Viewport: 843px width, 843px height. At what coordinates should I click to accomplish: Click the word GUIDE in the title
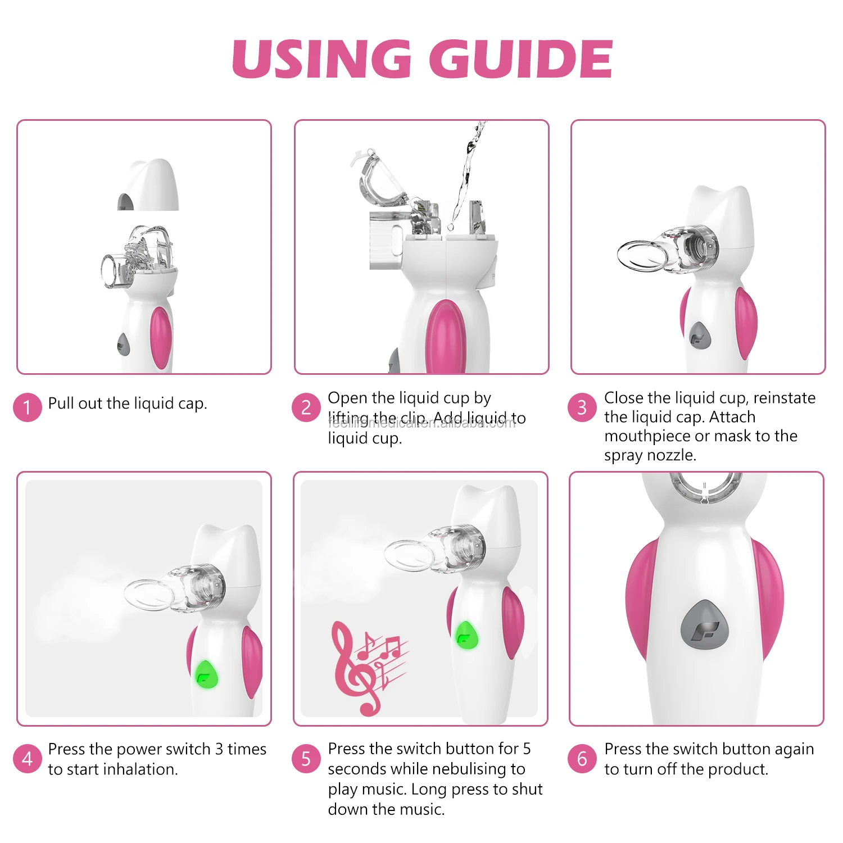(x=520, y=60)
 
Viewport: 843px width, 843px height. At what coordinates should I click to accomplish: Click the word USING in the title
(x=322, y=60)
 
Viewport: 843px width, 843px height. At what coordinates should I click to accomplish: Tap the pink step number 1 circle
(x=27, y=407)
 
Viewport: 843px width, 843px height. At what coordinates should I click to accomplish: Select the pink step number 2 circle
(x=306, y=407)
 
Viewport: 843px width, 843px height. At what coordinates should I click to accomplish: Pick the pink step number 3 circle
(x=582, y=407)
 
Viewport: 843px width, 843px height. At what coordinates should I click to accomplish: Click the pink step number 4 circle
(x=27, y=759)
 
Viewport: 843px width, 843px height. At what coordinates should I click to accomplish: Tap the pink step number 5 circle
(x=306, y=759)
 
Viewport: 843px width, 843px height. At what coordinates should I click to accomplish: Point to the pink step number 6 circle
(x=582, y=759)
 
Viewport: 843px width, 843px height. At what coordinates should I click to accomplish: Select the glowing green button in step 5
(x=466, y=635)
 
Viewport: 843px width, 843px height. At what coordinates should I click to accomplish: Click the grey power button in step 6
(x=704, y=624)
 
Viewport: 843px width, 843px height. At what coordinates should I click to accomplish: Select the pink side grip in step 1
(x=160, y=336)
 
